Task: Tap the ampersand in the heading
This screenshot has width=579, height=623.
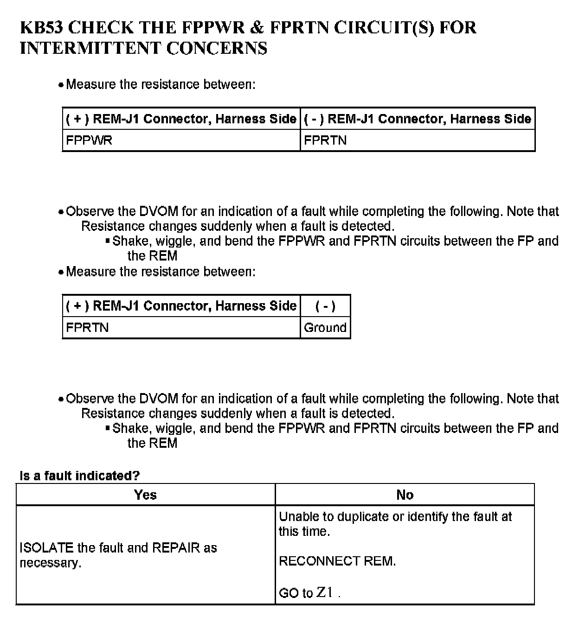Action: pyautogui.click(x=257, y=28)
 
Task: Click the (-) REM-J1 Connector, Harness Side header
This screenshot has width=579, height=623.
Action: pyautogui.click(x=417, y=119)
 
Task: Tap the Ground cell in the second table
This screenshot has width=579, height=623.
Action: pyautogui.click(x=325, y=327)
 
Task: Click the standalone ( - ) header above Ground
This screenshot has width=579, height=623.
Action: pyautogui.click(x=325, y=306)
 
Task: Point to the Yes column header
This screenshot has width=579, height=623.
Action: pyautogui.click(x=145, y=495)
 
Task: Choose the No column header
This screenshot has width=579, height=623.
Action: pyautogui.click(x=405, y=495)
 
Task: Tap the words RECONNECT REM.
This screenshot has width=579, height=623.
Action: pyautogui.click(x=337, y=561)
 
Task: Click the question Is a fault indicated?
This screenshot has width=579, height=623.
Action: pyautogui.click(x=79, y=476)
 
